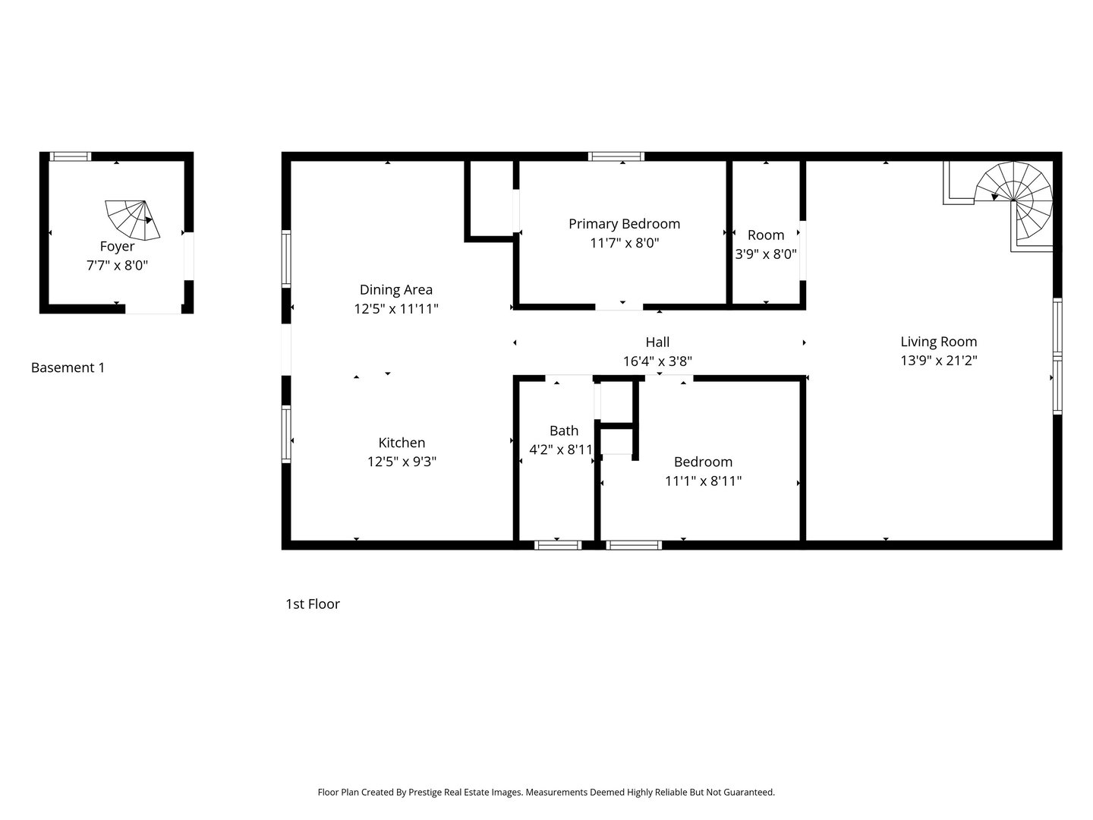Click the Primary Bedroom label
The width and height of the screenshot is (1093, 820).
(624, 224)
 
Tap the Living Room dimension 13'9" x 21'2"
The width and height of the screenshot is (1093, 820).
(938, 361)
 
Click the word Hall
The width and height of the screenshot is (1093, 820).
(657, 342)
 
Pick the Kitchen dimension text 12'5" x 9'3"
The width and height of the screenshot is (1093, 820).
(402, 462)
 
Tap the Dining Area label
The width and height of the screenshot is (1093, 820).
(395, 290)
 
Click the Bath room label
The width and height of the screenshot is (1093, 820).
(563, 431)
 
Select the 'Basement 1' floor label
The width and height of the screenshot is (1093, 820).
(68, 368)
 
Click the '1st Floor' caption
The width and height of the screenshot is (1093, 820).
(312, 604)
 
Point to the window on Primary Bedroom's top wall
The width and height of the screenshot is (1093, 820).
(616, 156)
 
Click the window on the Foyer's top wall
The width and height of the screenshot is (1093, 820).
(70, 156)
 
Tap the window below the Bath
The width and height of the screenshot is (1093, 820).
(558, 544)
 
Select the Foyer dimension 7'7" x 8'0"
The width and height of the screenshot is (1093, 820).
(117, 266)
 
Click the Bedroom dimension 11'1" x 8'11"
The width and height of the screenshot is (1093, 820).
(703, 481)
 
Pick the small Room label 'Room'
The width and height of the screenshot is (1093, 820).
(765, 235)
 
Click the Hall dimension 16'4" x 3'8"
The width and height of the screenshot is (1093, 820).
(657, 362)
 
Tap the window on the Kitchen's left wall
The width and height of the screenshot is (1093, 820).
(286, 434)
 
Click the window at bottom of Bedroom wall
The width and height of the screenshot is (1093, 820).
(634, 544)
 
